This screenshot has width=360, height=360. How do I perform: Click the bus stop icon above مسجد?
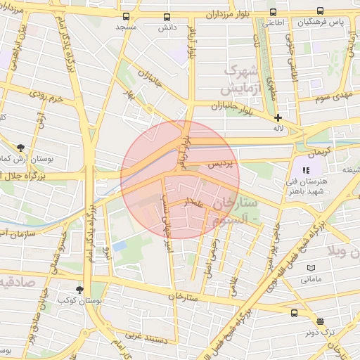click(126, 16)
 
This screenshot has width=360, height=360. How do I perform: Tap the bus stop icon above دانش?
click(167, 17)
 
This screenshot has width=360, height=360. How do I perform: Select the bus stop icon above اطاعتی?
click(274, 12)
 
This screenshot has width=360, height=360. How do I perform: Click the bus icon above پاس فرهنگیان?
click(321, 11)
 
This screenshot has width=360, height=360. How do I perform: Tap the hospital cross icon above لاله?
click(278, 118)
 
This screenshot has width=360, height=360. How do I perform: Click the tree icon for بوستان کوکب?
click(79, 289)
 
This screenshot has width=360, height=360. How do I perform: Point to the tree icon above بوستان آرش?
click(20, 148)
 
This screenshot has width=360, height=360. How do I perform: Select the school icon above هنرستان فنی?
click(306, 170)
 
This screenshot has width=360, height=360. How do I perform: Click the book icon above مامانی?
click(311, 269)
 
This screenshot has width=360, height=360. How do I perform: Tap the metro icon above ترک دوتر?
click(321, 321)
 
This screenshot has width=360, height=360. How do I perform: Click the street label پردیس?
click(223, 163)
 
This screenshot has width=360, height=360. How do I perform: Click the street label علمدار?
click(193, 203)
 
